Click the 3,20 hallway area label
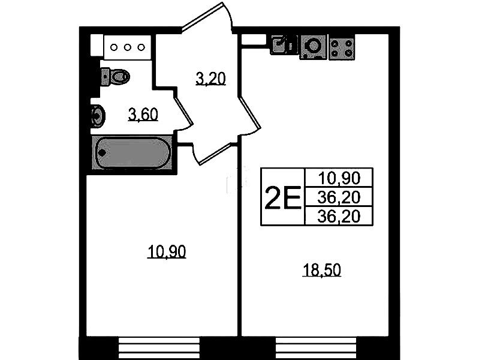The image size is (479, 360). click(x=210, y=79)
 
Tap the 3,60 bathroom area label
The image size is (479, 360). click(x=143, y=115)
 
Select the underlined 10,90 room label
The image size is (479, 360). click(x=167, y=252)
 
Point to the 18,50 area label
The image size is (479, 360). click(x=321, y=271)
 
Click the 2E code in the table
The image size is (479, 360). click(x=283, y=197)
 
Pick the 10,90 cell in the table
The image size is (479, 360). click(x=339, y=178)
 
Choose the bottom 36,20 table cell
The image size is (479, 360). click(x=339, y=216)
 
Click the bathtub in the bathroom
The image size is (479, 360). click(x=132, y=152)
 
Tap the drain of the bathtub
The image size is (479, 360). click(x=102, y=152)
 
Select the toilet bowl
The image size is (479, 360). click(x=119, y=76)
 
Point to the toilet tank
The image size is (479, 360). click(x=105, y=76)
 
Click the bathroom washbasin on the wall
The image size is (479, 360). click(x=98, y=116)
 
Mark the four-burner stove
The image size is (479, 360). click(x=342, y=47)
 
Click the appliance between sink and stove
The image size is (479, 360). click(x=313, y=46)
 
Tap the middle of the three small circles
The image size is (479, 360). click(x=127, y=47)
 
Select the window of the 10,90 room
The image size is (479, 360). click(x=159, y=348)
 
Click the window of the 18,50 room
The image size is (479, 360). click(x=316, y=348)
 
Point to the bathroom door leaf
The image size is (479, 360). click(x=185, y=106)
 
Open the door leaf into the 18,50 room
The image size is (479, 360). click(x=249, y=113)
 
